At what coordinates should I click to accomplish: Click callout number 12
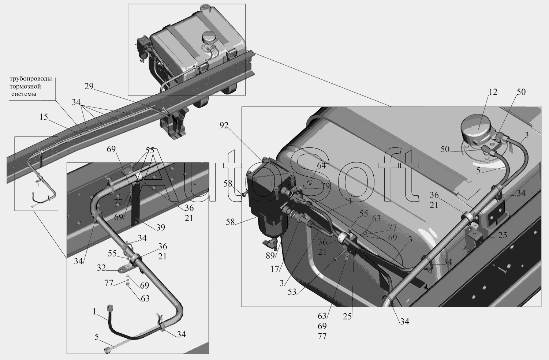click(493, 92)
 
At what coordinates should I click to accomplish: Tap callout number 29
click(89, 86)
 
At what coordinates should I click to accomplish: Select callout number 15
click(44, 117)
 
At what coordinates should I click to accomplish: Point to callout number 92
click(224, 125)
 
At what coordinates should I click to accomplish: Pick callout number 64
click(321, 166)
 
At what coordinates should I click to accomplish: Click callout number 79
click(325, 186)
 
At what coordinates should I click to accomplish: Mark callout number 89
click(270, 256)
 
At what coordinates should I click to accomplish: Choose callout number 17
click(275, 269)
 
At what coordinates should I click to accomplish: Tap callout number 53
click(292, 292)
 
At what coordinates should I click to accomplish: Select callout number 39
click(161, 228)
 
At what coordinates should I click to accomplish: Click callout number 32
click(101, 268)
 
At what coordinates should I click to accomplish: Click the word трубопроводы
click(30, 79)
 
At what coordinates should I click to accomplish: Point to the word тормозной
click(25, 86)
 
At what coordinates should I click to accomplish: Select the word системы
click(24, 94)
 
